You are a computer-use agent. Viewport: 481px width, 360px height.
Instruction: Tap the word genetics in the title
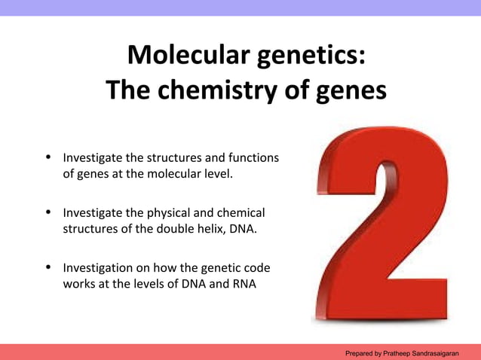(x=311, y=55)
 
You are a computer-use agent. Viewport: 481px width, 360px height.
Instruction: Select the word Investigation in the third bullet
(x=97, y=268)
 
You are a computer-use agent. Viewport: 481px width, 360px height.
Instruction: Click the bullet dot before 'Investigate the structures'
(x=48, y=158)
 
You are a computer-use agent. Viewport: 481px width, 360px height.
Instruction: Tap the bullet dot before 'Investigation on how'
(x=48, y=268)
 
